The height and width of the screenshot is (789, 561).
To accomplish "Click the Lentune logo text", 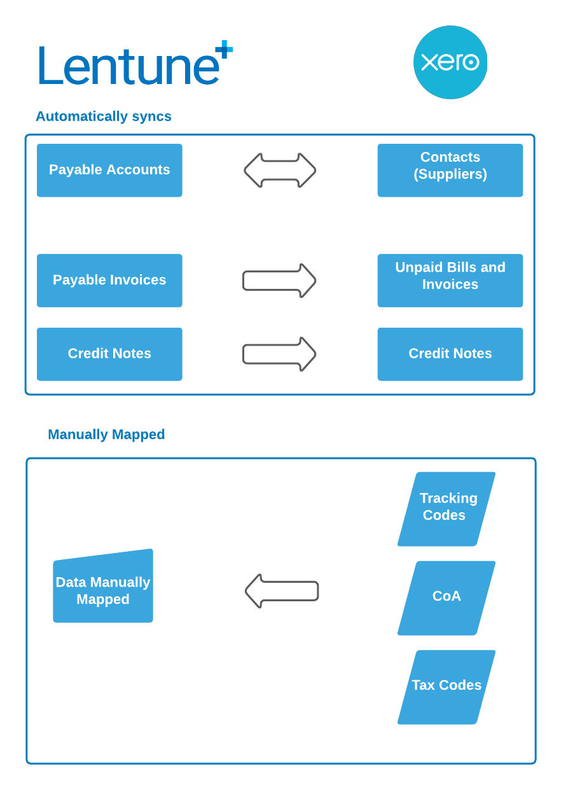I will coord(127,66).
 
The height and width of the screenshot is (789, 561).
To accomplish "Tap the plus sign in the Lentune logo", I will coord(224,50).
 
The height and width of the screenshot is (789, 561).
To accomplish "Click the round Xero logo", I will coord(450,62).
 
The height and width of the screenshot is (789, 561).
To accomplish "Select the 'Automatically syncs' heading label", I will coord(104,117).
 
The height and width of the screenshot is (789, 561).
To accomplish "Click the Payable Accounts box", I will coord(109,170).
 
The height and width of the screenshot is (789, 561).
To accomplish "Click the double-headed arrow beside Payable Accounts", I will coord(280,171).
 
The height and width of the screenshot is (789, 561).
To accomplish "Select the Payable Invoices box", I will coord(109,281).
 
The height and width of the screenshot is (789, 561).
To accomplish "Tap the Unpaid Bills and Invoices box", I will coord(450,281).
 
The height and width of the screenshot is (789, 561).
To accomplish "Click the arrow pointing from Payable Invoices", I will coord(279,281).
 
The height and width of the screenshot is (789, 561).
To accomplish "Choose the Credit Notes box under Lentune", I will coord(109,354).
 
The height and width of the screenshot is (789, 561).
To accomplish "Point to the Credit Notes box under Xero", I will coord(450,354).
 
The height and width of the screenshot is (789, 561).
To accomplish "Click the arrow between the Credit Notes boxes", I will coord(279,354).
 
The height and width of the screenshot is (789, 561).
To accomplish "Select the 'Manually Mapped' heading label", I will coord(106,435).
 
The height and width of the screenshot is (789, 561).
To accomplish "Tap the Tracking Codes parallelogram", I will coord(447,508).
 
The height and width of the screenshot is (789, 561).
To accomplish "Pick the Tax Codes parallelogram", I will coord(447,686).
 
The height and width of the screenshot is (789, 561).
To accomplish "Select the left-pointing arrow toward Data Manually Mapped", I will coord(282,591).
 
